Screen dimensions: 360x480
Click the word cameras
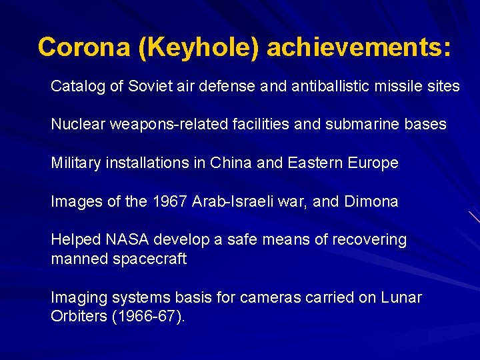[273, 298]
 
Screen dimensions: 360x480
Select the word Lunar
[401, 298]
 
